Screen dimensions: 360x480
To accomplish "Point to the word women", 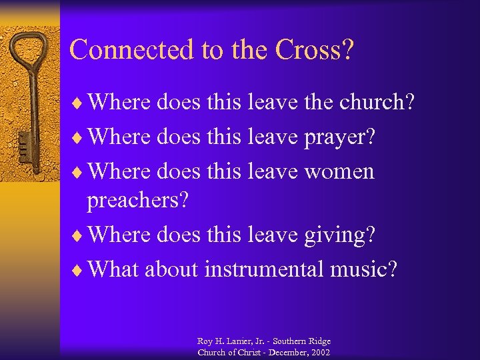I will pyautogui.click(x=340, y=172).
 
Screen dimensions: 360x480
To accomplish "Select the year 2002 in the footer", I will pyautogui.click(x=319, y=352).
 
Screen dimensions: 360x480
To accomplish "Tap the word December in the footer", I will pyautogui.click(x=284, y=352).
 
